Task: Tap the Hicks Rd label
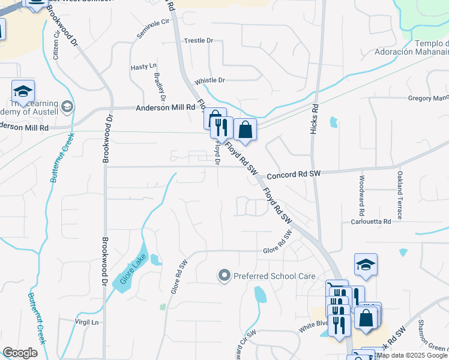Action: click(314, 119)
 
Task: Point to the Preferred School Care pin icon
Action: click(224, 276)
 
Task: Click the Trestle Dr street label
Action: click(199, 41)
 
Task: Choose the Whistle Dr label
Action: click(209, 80)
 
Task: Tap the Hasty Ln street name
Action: click(143, 67)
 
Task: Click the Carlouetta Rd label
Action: click(371, 221)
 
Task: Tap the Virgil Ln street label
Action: click(87, 322)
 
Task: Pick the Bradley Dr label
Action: click(160, 86)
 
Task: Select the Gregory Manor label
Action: click(428, 98)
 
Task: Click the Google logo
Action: click(20, 352)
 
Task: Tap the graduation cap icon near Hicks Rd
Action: click(366, 265)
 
